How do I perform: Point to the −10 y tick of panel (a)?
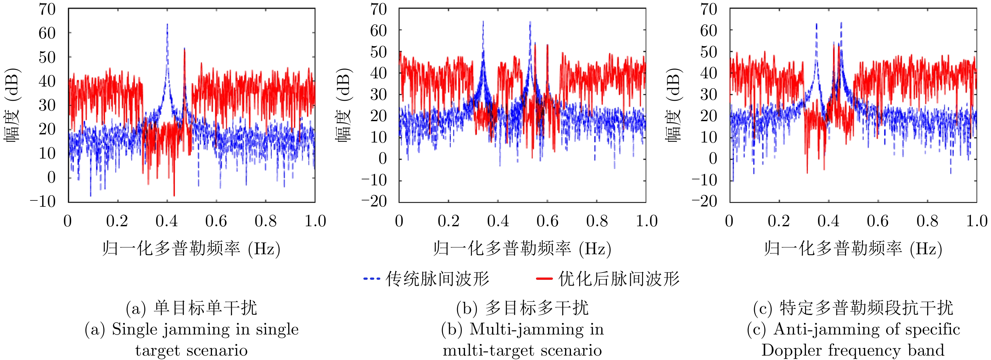(x=43, y=201)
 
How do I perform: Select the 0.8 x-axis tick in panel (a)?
(x=266, y=221)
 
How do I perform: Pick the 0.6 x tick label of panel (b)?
(x=547, y=221)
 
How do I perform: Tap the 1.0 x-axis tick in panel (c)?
(x=977, y=221)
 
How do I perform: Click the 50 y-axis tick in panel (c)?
(x=708, y=52)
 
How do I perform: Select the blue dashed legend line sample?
(x=372, y=278)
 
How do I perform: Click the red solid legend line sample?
(x=544, y=278)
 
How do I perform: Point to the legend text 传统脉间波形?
(x=437, y=279)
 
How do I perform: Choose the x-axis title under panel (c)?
(x=853, y=249)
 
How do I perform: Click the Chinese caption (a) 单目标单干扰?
(x=191, y=308)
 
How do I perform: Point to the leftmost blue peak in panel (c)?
(x=816, y=25)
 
